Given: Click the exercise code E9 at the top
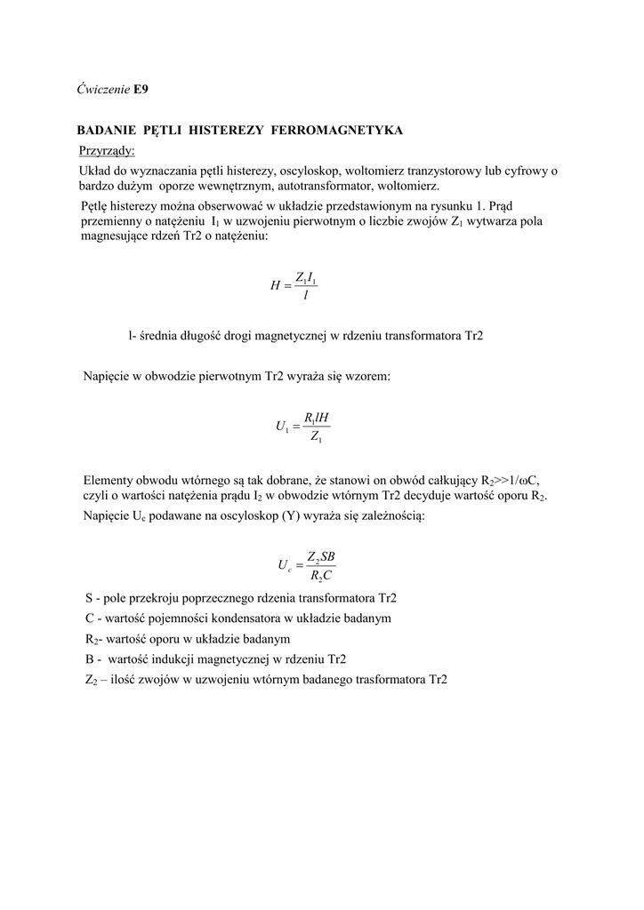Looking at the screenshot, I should [141, 90].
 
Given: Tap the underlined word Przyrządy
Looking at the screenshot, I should [106, 150].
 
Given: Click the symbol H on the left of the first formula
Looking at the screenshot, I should [275, 286].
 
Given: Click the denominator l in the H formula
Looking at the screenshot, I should [306, 295].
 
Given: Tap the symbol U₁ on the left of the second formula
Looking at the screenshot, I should [283, 427].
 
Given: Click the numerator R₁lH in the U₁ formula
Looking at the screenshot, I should [317, 418].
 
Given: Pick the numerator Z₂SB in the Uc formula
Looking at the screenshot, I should [320, 556].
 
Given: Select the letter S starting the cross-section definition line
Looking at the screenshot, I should [89, 598].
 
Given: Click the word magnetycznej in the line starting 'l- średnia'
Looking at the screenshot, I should [292, 337].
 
